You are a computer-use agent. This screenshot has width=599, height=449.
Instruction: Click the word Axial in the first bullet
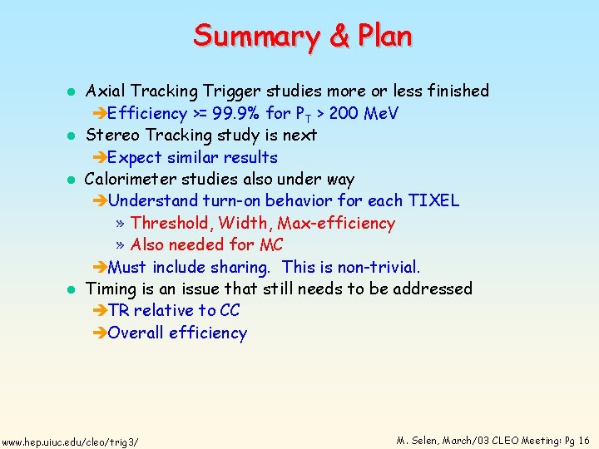[106, 91]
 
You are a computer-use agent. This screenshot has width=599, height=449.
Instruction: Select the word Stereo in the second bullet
[113, 135]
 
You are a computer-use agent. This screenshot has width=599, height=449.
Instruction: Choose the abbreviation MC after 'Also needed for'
[271, 244]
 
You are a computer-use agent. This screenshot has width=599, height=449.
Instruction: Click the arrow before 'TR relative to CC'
[99, 311]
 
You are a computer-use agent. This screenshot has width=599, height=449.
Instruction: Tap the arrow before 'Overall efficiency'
[99, 333]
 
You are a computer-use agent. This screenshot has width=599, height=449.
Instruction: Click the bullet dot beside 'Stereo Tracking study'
[72, 136]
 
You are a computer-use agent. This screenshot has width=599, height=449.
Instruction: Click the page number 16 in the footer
[582, 440]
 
